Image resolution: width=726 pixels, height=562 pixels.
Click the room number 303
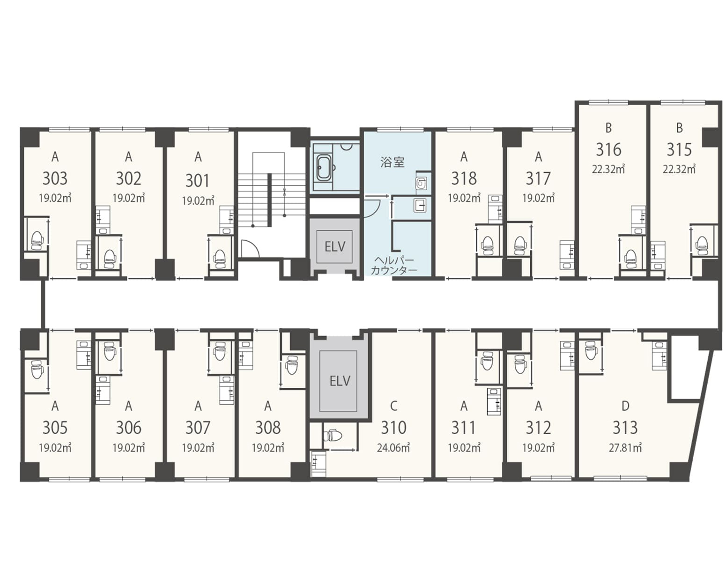[x=55, y=178]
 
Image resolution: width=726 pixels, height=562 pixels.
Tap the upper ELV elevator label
[x=335, y=247]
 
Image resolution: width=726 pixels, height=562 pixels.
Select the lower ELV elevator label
[x=340, y=381]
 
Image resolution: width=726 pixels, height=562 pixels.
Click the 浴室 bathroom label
[x=393, y=163]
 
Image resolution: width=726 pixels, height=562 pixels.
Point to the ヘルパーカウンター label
[x=394, y=266]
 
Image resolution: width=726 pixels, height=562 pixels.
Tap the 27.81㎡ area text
[x=625, y=447]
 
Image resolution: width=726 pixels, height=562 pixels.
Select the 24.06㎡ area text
[x=393, y=447]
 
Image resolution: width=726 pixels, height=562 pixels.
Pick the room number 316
[x=609, y=149]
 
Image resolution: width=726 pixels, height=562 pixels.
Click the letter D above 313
[x=625, y=406]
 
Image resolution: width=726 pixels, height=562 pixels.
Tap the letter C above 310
[x=393, y=406]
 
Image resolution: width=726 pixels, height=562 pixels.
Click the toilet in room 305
[x=36, y=370]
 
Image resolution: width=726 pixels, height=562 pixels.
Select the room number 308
[x=267, y=428]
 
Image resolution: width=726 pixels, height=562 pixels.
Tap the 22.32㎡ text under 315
[x=679, y=169]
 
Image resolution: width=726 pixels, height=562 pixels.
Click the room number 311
[x=463, y=428]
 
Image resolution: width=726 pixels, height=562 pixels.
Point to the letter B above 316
[x=609, y=128]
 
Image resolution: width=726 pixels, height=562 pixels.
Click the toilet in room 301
[x=219, y=259]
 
